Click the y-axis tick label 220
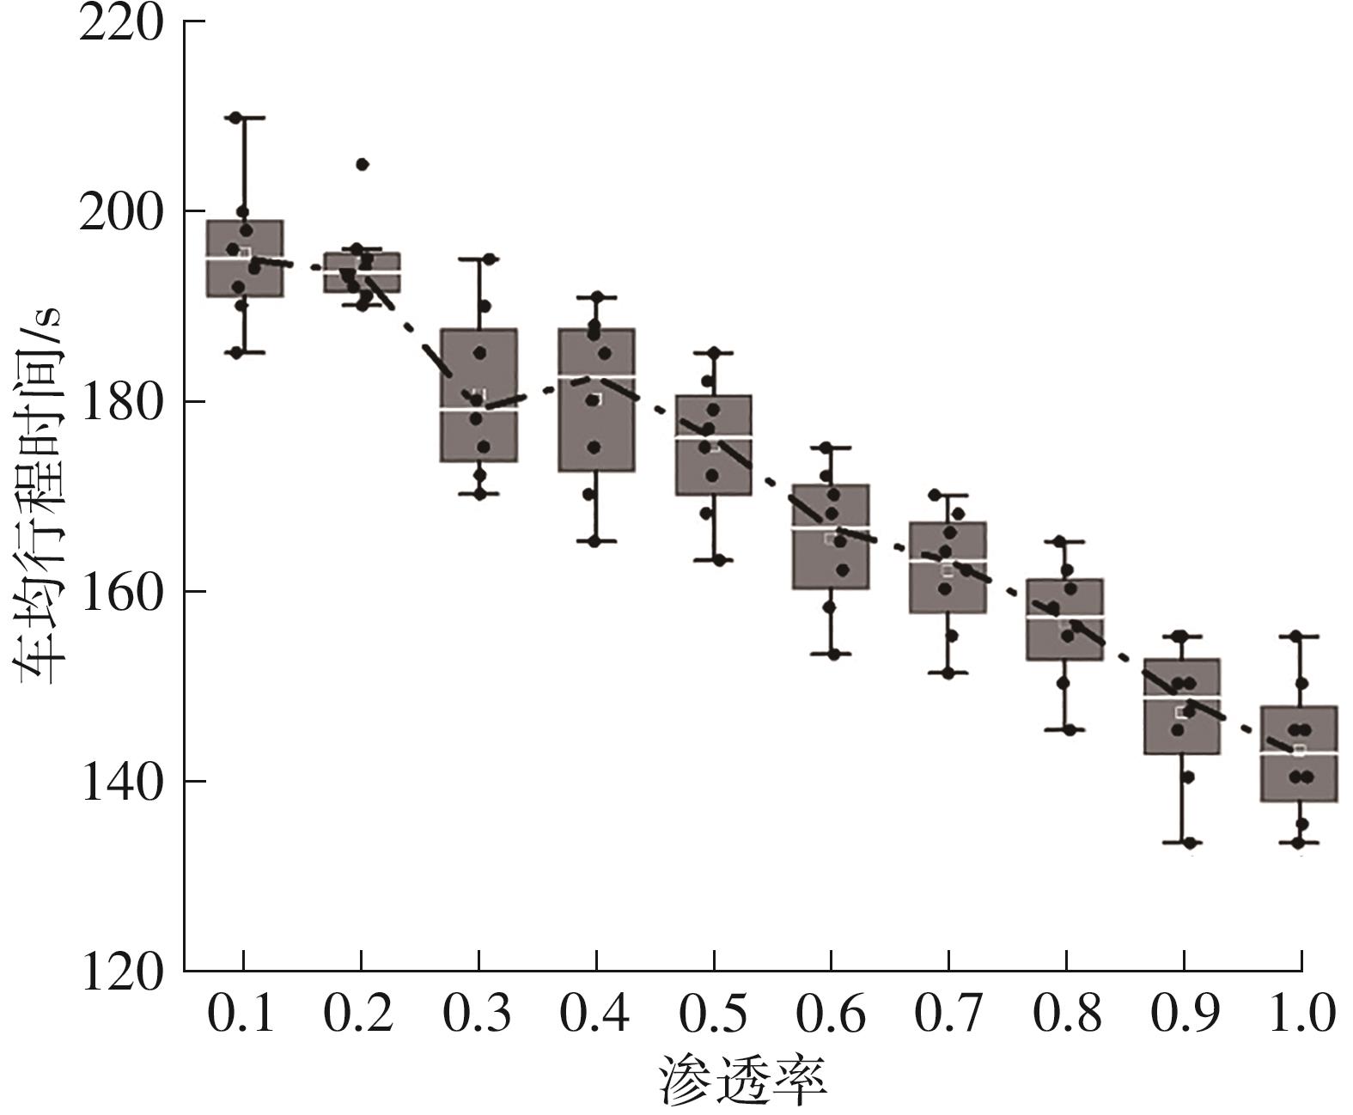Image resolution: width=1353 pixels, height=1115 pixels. [x=120, y=23]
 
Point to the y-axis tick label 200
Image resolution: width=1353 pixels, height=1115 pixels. [x=120, y=212]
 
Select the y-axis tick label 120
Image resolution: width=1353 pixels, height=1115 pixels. [x=120, y=972]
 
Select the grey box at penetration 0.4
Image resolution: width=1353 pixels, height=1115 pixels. [x=596, y=430]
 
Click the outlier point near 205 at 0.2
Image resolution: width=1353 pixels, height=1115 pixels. [x=362, y=164]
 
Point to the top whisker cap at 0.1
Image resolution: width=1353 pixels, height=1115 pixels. [x=244, y=117]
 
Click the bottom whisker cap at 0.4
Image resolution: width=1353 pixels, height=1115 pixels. [x=596, y=541]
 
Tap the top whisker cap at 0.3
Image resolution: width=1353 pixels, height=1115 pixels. [x=479, y=258]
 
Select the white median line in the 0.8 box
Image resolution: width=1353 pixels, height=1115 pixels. [x=1065, y=617]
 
